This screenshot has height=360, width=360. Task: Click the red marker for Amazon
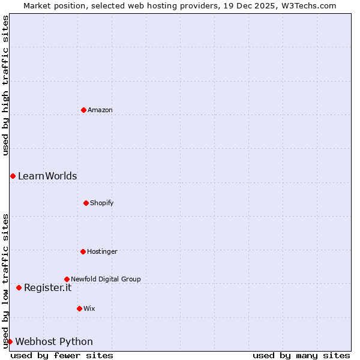click(83, 110)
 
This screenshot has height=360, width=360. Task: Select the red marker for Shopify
click(86, 203)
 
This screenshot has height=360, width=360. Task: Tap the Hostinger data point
click(83, 251)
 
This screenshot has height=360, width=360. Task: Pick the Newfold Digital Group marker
click(67, 279)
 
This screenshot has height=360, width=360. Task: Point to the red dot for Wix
click(79, 308)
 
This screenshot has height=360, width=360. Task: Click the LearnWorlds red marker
click(13, 176)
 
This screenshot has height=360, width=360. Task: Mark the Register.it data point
click(19, 287)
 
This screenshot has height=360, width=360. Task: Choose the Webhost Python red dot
click(10, 341)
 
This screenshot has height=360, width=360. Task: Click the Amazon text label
click(100, 110)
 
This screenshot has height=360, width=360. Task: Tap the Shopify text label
click(102, 203)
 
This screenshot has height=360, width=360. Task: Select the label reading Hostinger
click(102, 251)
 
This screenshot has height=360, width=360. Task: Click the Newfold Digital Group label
click(106, 279)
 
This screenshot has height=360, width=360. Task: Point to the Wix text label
click(89, 308)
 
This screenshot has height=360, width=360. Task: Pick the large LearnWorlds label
click(47, 176)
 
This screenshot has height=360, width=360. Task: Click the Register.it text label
click(47, 287)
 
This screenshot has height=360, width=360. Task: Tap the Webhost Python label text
click(54, 341)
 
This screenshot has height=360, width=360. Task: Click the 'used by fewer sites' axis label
click(62, 355)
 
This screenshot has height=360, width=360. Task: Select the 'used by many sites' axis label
click(301, 355)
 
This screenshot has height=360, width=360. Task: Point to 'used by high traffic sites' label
click(5, 85)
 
